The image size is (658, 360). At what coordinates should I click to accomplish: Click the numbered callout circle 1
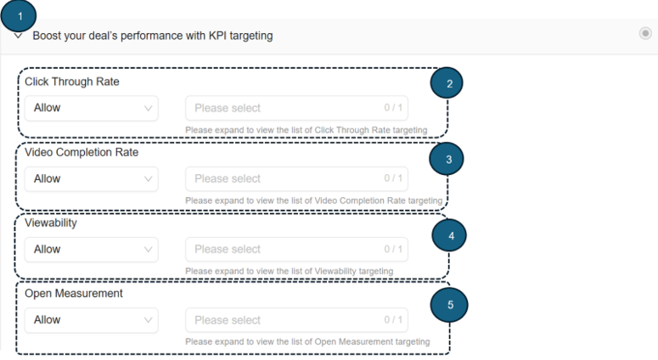[20, 15]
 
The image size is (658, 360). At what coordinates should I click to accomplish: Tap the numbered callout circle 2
[449, 83]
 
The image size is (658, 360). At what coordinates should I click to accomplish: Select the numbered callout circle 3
[448, 158]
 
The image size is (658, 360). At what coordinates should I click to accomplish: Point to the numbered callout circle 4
[451, 235]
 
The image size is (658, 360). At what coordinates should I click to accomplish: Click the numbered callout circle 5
[451, 304]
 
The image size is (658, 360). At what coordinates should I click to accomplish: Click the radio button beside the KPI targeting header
[645, 33]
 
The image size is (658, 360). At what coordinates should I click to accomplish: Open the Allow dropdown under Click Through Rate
[91, 108]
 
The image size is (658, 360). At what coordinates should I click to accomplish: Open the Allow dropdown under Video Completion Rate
[91, 179]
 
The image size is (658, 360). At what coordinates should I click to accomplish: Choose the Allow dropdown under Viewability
[91, 250]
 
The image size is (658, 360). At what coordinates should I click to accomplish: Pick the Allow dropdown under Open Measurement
[91, 320]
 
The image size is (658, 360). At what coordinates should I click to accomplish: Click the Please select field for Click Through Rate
[296, 108]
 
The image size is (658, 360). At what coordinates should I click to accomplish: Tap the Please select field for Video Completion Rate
[296, 179]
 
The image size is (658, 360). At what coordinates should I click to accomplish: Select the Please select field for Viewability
[296, 250]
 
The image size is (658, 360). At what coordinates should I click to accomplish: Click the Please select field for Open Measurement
[296, 320]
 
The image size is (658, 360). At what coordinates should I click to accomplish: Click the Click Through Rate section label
[72, 82]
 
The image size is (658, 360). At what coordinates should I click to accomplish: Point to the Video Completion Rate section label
[82, 153]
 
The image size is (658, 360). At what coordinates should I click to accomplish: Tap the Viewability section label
[51, 223]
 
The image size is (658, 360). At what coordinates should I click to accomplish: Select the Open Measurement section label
[74, 294]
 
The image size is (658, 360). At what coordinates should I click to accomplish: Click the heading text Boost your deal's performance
[153, 37]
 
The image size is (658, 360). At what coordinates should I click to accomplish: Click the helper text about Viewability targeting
[289, 271]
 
